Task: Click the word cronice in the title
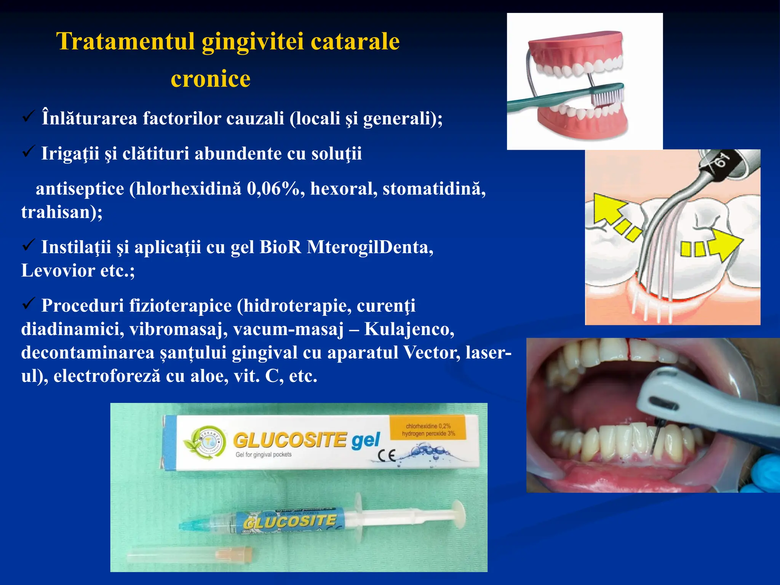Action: pos(210,79)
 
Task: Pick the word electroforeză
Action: pos(107,376)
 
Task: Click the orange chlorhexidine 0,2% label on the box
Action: pos(428,430)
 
